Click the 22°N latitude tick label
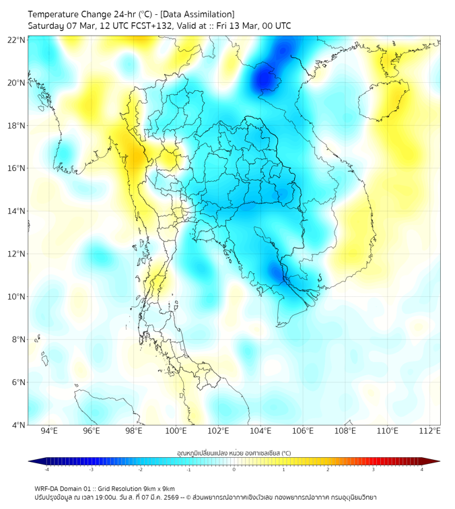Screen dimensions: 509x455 point(17,40)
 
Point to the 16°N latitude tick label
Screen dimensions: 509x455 point(17,168)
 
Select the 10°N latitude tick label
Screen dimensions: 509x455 point(17,297)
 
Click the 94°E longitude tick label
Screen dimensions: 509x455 point(49,431)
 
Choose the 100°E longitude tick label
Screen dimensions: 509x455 point(176,431)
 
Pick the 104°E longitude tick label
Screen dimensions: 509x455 point(260,431)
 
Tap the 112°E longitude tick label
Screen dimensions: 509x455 point(429,431)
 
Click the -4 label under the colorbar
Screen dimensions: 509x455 point(46,469)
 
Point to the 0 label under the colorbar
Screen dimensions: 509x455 point(234,469)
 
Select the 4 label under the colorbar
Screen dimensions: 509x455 point(422,469)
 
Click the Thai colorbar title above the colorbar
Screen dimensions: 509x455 point(234,452)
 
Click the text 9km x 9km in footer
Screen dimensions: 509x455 point(160,488)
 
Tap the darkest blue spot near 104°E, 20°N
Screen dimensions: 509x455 point(262,81)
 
